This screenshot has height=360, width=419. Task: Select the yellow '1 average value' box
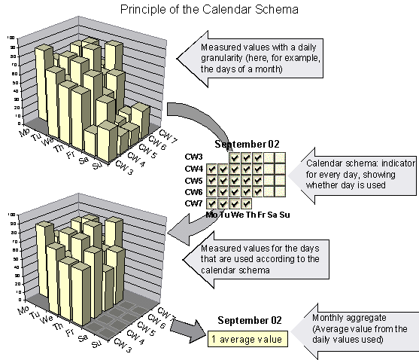click(247, 339)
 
